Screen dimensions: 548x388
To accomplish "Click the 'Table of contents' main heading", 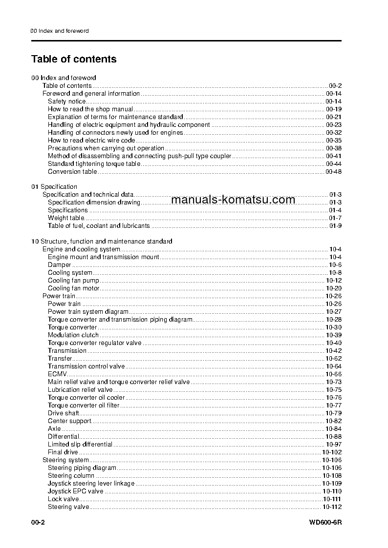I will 74,59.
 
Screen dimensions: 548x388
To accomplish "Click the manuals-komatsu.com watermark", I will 234,199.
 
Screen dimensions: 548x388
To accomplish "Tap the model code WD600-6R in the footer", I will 325,523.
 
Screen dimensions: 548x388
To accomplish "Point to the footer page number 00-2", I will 38,523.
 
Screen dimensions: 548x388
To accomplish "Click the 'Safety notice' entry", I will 66,101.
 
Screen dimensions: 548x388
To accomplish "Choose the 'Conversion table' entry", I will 72,171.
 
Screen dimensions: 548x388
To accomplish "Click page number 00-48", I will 333,171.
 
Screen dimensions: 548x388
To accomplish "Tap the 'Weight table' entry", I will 65,218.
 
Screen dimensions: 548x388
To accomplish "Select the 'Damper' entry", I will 59,264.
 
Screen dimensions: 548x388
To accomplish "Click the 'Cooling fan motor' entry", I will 73,288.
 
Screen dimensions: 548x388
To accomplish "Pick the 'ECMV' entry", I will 57,374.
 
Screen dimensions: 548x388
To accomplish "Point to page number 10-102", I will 331,452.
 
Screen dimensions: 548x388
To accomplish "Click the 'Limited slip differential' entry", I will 80,444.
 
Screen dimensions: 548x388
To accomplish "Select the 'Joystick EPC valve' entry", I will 75,491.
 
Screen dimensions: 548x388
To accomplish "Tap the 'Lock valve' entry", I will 63,499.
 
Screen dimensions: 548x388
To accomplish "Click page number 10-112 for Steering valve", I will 331,507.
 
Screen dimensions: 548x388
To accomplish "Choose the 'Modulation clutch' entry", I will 73,335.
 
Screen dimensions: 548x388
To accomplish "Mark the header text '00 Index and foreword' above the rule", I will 59,31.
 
